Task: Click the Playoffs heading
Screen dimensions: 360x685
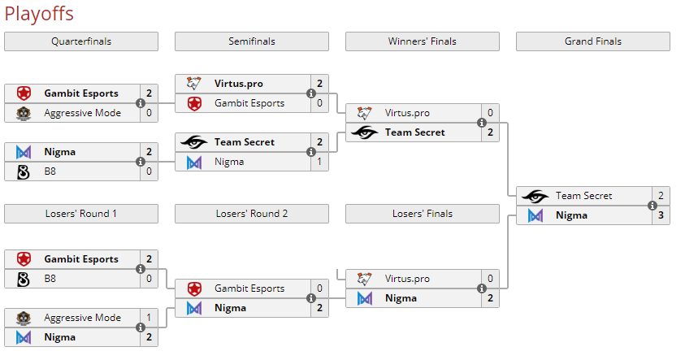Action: (x=38, y=14)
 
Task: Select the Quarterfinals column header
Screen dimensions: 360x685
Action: (x=81, y=41)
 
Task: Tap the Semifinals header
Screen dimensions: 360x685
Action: (x=252, y=41)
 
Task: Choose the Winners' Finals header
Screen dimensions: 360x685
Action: (x=423, y=41)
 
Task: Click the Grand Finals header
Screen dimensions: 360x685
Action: (x=593, y=41)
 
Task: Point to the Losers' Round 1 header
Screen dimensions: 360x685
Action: (x=81, y=214)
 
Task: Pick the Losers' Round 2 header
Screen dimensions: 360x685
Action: (x=252, y=214)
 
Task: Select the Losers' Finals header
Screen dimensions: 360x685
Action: (x=423, y=214)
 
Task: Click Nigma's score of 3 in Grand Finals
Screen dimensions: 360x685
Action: (x=661, y=215)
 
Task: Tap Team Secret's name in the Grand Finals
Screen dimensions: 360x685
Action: (x=583, y=196)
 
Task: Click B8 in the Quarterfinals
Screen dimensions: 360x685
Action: (x=50, y=171)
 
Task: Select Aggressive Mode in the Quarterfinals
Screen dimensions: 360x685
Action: (x=82, y=113)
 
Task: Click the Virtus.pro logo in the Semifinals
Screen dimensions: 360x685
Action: (x=194, y=84)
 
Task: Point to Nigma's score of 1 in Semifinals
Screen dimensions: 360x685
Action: (x=319, y=162)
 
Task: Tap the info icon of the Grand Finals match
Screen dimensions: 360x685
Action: (x=652, y=206)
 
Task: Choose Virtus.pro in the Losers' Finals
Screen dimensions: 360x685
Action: (x=407, y=279)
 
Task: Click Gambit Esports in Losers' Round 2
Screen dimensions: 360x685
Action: (x=249, y=288)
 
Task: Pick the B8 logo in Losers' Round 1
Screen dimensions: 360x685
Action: (x=24, y=279)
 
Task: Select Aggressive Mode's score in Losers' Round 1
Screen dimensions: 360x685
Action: (x=149, y=318)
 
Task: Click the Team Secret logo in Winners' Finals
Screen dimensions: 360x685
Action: (x=365, y=132)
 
